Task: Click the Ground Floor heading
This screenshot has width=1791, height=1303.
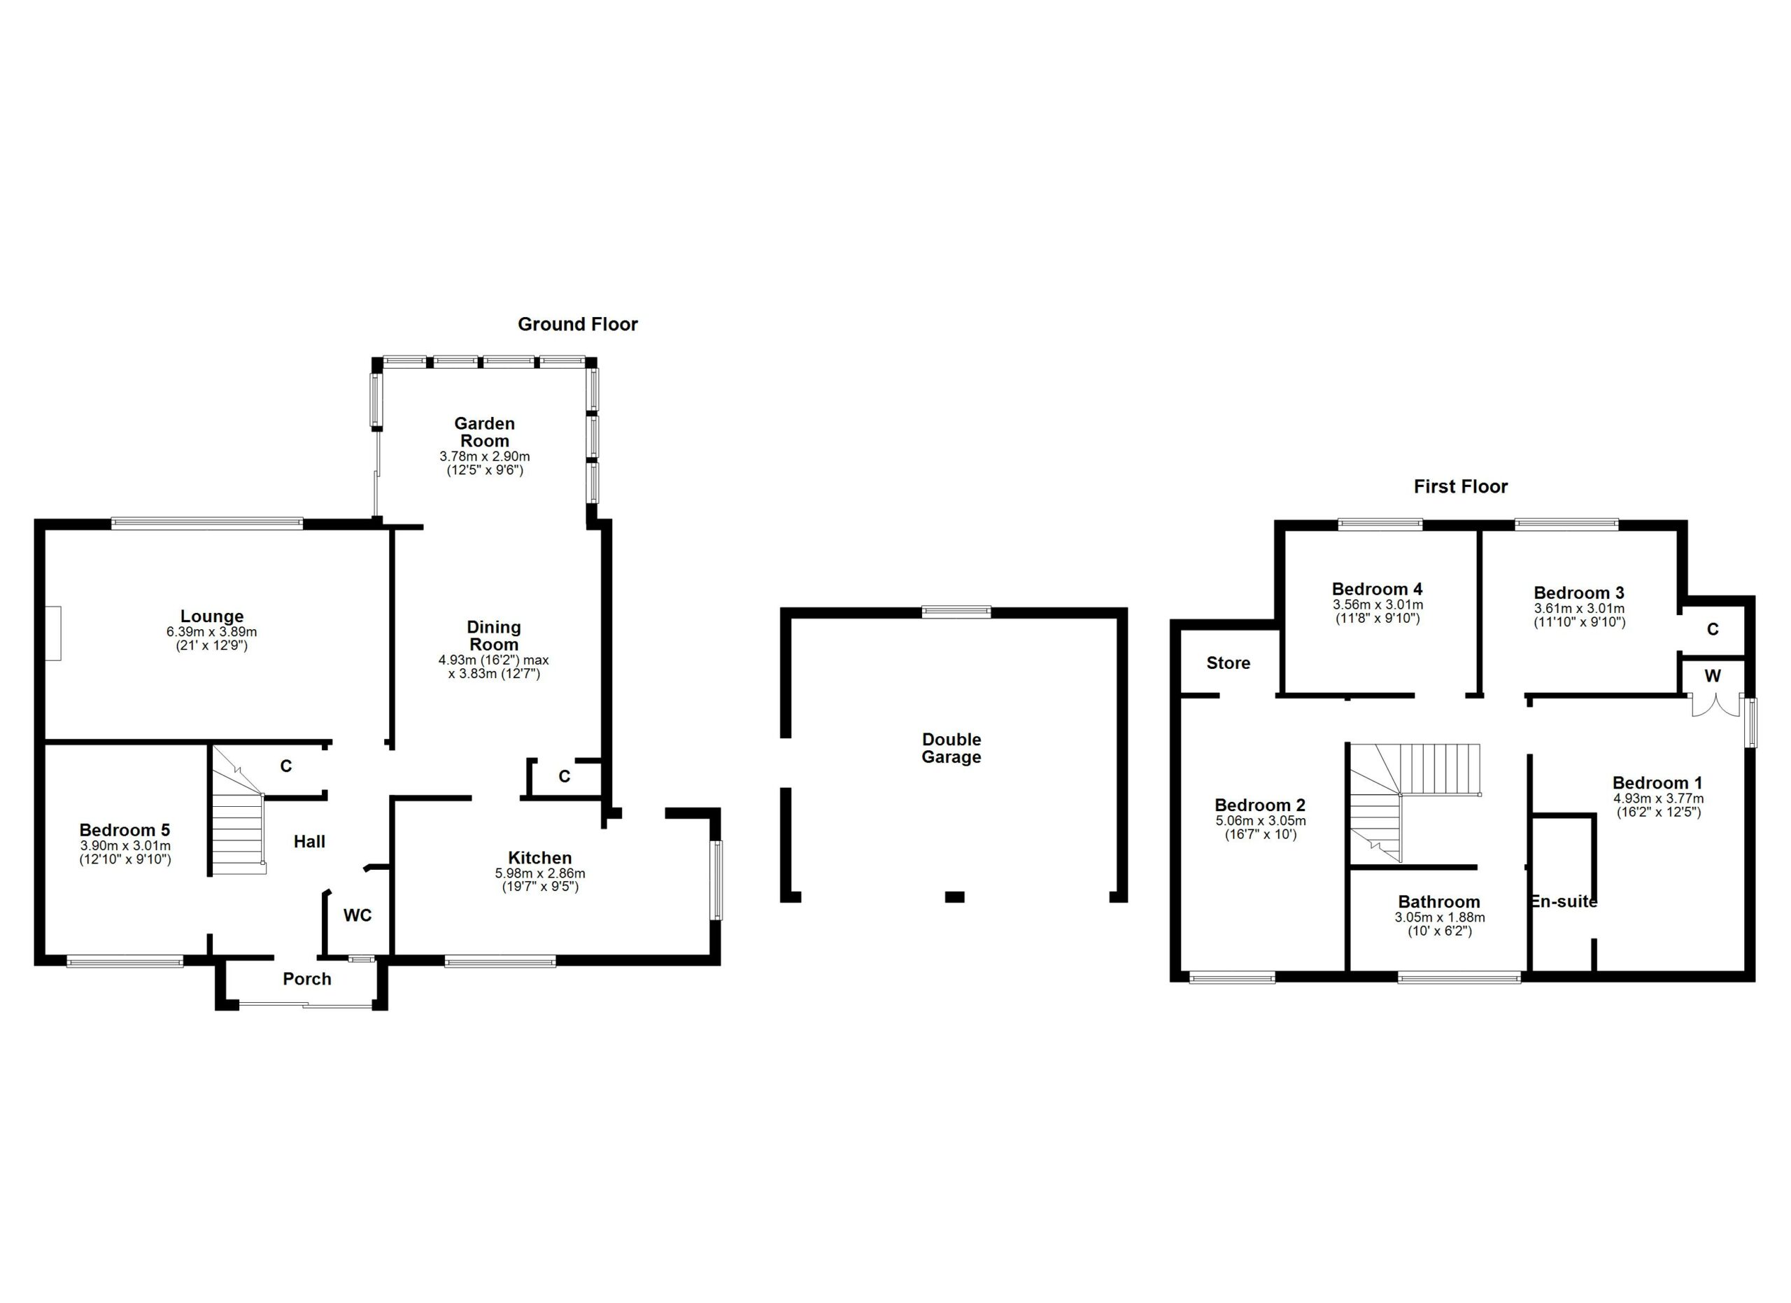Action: (577, 324)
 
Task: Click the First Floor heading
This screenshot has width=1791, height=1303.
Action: (1460, 486)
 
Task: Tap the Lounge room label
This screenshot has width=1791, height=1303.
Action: (212, 616)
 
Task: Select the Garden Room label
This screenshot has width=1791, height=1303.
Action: (484, 432)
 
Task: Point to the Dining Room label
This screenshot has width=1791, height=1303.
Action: (493, 635)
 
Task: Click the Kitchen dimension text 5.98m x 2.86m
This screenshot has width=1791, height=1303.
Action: (540, 873)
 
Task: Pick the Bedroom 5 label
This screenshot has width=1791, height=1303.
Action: (125, 830)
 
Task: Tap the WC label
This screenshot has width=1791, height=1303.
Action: (357, 915)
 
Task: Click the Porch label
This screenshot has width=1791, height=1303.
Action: (307, 978)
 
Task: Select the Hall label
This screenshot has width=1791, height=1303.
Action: (309, 842)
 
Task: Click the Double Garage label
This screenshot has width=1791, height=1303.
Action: (951, 748)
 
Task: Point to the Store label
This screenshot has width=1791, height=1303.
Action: (1228, 663)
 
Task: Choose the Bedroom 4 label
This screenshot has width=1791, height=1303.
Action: (1378, 589)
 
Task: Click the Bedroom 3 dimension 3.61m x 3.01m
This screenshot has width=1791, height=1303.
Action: (1579, 608)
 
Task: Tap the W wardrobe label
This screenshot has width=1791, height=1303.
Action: (1713, 676)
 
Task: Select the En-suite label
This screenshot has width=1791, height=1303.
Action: (1564, 901)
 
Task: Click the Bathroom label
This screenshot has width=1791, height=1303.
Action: (1439, 902)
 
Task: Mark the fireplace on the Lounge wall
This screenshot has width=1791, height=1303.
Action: (52, 633)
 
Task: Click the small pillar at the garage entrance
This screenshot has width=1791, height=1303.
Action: (955, 896)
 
